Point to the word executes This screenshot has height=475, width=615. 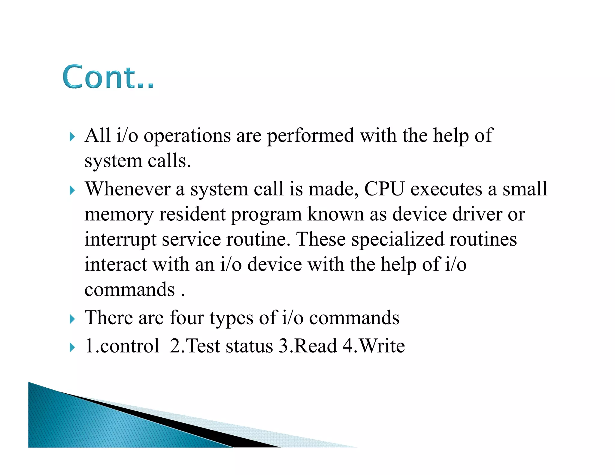tap(446, 190)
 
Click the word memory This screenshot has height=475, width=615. tap(119, 215)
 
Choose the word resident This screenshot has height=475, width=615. tap(192, 214)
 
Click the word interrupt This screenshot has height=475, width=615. tap(120, 240)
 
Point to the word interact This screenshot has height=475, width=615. tap(116, 265)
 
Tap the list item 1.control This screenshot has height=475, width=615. tap(122, 346)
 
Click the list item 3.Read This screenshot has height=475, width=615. tap(308, 346)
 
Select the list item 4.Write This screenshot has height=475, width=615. tap(374, 346)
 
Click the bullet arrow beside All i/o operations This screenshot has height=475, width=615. tap(72, 137)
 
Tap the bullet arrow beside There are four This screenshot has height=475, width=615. tap(72, 319)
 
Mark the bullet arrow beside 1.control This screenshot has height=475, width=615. tap(72, 347)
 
